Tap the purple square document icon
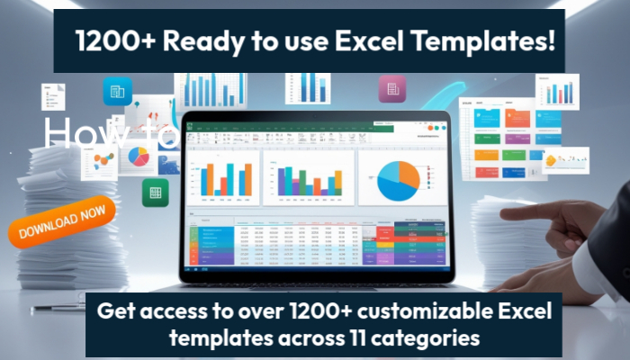(x=391, y=88)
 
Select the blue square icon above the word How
(x=117, y=91)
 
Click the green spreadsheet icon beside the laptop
(x=155, y=191)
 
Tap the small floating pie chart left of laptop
(x=138, y=157)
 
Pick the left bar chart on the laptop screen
(x=221, y=178)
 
